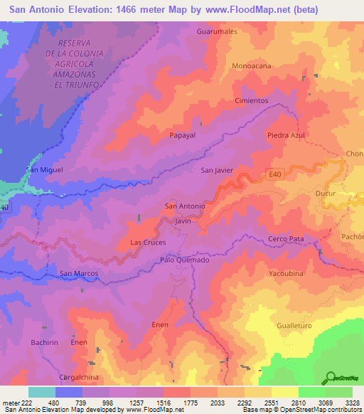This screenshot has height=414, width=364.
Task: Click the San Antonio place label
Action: [x=185, y=206]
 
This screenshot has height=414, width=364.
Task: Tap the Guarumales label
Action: [x=216, y=32]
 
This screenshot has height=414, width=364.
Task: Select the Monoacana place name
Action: [x=251, y=65]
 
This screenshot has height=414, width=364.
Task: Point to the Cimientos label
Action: [x=251, y=101]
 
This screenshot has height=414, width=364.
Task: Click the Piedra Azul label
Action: [x=286, y=135]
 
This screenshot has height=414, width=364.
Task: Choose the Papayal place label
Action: [x=182, y=134]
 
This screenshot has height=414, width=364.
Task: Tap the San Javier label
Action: [x=217, y=171]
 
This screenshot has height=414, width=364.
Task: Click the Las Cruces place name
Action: [x=148, y=243]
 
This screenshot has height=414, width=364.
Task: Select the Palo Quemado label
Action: [x=185, y=260]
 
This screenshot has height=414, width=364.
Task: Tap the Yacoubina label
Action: [x=287, y=273]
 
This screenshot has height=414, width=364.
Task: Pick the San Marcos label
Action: [x=78, y=273]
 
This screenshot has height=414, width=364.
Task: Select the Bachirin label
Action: [x=44, y=342]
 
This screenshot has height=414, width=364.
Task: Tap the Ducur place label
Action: [x=345, y=193]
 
